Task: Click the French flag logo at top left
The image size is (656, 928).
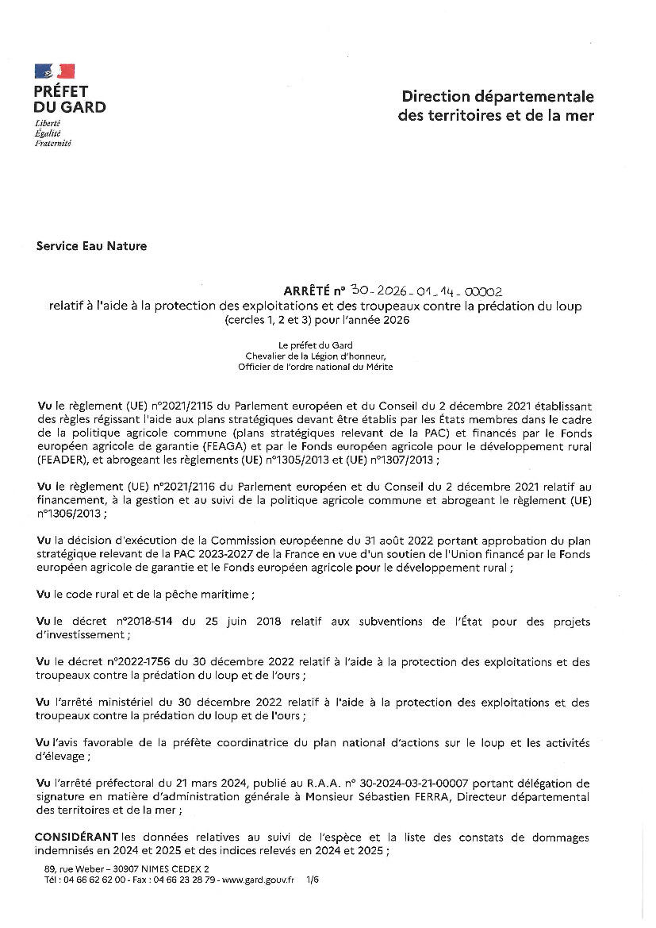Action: click(x=55, y=71)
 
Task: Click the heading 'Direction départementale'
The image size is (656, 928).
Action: click(x=497, y=97)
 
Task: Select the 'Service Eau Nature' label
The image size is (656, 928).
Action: click(x=91, y=246)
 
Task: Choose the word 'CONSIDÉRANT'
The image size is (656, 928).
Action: click(x=78, y=838)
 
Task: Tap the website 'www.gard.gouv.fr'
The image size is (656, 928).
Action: click(x=259, y=880)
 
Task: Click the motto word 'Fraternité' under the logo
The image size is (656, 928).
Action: click(x=52, y=144)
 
